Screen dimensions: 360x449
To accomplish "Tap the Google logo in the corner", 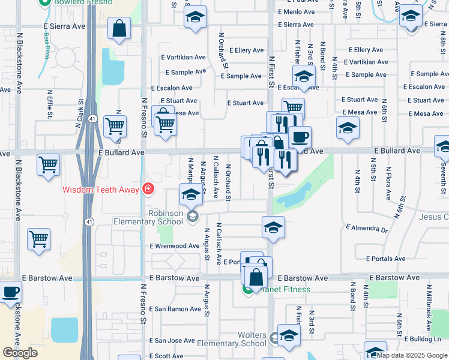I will (20, 353).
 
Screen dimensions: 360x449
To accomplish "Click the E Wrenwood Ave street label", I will (174, 246).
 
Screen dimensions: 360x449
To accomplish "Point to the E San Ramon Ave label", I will (175, 309).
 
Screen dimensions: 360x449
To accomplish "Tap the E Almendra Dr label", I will (367, 228).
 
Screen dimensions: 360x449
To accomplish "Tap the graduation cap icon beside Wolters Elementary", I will (289, 337).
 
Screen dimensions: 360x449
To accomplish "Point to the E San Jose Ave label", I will (172, 340).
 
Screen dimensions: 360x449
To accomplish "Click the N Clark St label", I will (79, 118).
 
